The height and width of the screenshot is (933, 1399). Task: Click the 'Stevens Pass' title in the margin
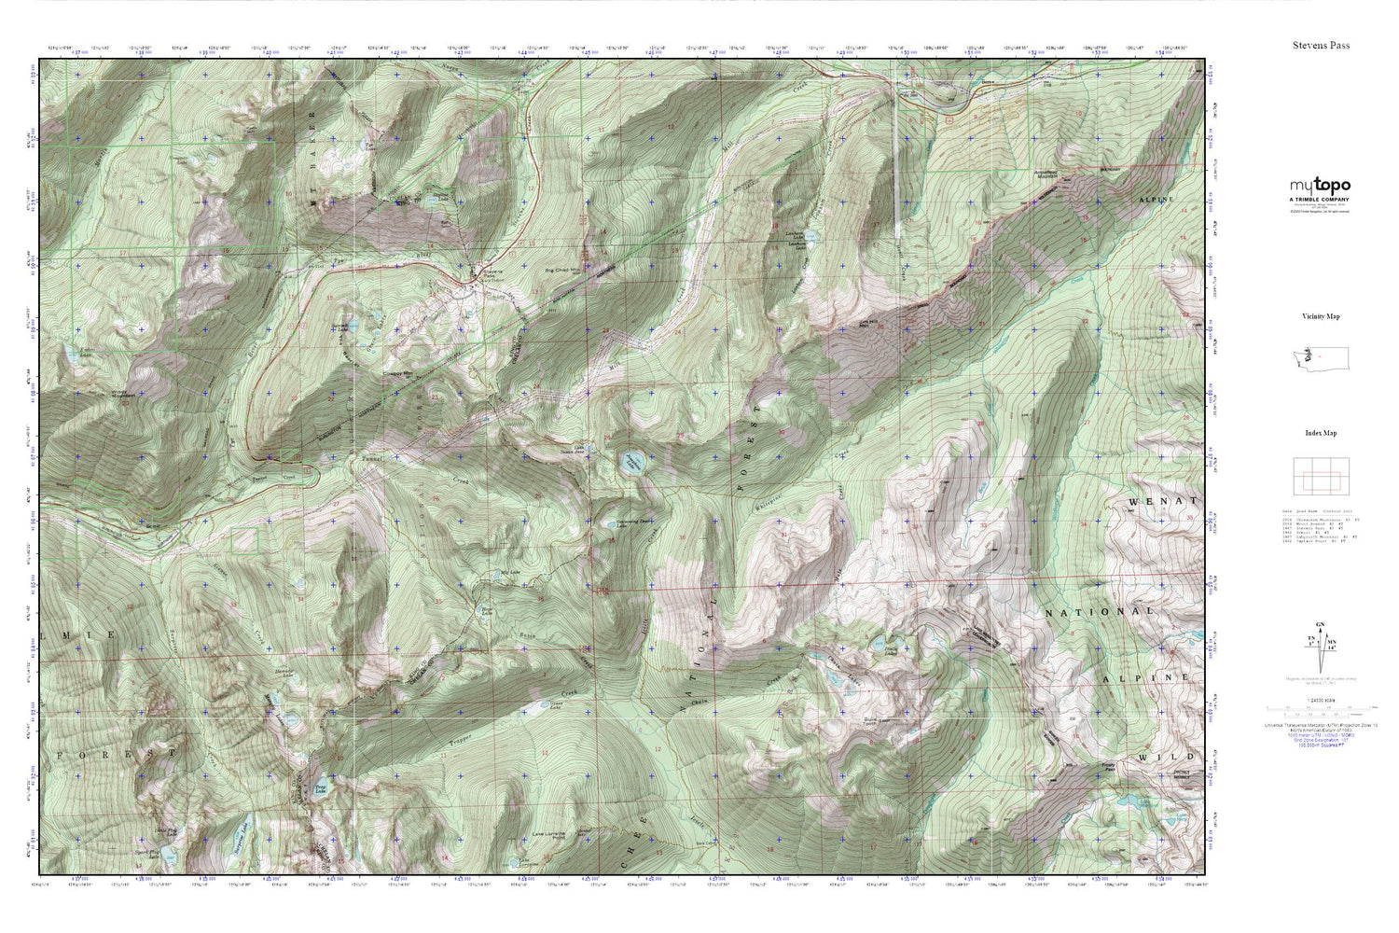[x=1321, y=45]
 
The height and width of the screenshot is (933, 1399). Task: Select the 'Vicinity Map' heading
[x=1321, y=316]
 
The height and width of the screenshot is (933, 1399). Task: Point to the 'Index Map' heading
[x=1321, y=433]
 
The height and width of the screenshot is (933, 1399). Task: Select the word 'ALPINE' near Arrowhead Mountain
[x=1156, y=200]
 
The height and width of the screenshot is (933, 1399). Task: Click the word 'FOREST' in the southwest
[x=117, y=752]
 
